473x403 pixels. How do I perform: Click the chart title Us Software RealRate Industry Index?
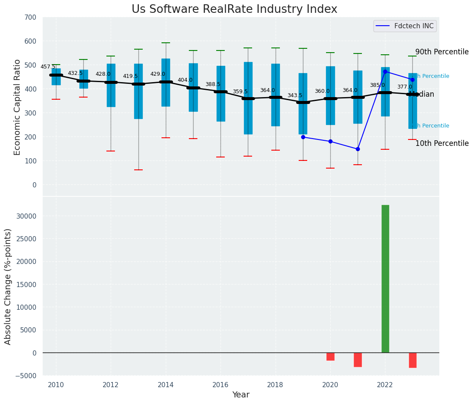click(x=234, y=9)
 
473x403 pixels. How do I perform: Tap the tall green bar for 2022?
click(x=385, y=279)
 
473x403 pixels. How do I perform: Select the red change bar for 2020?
click(x=330, y=356)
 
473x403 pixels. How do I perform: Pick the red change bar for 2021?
click(x=358, y=359)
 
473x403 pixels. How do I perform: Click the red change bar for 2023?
click(x=412, y=360)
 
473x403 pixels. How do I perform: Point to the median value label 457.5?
click(x=48, y=67)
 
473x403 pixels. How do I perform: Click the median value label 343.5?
click(x=294, y=95)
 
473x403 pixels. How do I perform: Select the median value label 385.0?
click(x=377, y=85)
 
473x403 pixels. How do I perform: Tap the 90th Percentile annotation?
click(x=442, y=52)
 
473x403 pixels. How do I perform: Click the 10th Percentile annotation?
click(x=442, y=143)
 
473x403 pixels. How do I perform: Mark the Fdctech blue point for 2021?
click(x=358, y=149)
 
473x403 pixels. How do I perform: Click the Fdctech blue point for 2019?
click(x=303, y=137)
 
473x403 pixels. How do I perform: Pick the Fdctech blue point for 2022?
click(x=385, y=71)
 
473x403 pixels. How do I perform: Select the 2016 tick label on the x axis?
click(x=220, y=385)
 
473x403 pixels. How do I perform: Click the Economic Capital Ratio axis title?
click(x=17, y=107)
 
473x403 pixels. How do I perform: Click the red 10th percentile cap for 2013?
click(x=138, y=170)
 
